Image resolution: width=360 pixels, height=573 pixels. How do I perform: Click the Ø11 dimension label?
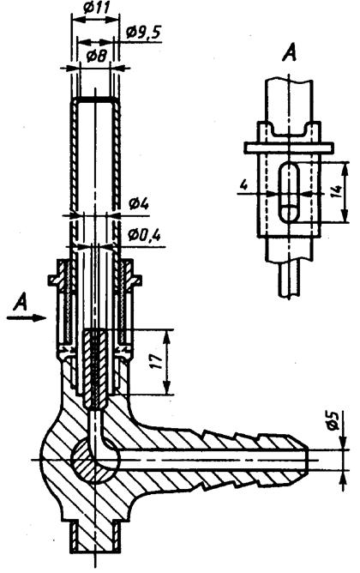tap(96, 8)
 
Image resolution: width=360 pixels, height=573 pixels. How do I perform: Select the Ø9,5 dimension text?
tap(143, 33)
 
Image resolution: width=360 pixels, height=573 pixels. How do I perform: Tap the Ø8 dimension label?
tap(97, 57)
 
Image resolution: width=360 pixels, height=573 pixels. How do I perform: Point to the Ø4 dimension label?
tap(139, 204)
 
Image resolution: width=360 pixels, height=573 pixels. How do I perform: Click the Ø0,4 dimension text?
tap(144, 236)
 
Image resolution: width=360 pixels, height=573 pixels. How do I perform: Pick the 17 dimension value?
tap(157, 362)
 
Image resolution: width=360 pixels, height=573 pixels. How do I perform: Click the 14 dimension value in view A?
tap(337, 191)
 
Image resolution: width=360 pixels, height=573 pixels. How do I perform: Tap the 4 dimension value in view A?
tap(244, 185)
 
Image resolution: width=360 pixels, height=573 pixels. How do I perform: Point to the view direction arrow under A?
tap(27, 318)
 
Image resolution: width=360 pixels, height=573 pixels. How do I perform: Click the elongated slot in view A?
tap(289, 192)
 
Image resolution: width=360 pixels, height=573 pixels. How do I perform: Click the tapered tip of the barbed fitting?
tap(303, 459)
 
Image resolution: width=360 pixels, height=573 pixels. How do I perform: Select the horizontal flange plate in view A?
tap(289, 148)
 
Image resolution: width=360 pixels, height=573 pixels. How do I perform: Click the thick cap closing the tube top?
tap(96, 100)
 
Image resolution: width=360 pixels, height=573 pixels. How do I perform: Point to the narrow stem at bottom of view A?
tap(290, 280)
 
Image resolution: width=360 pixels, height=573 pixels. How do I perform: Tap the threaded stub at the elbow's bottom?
tap(96, 536)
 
